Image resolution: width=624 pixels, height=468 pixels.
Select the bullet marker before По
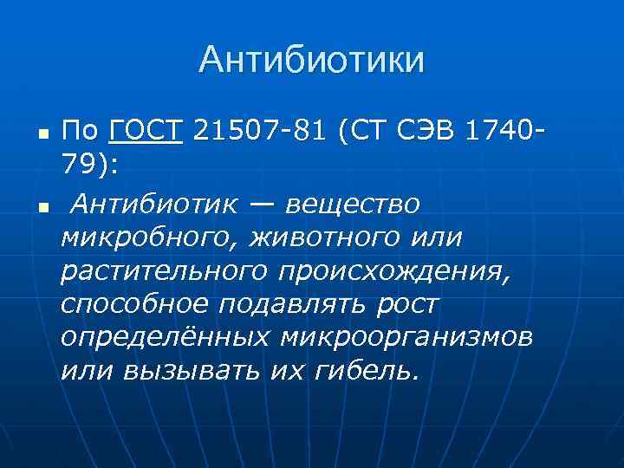pyautogui.click(x=43, y=135)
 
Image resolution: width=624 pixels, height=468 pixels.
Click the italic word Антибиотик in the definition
pyautogui.click(x=155, y=203)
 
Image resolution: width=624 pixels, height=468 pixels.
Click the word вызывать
pyautogui.click(x=190, y=372)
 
